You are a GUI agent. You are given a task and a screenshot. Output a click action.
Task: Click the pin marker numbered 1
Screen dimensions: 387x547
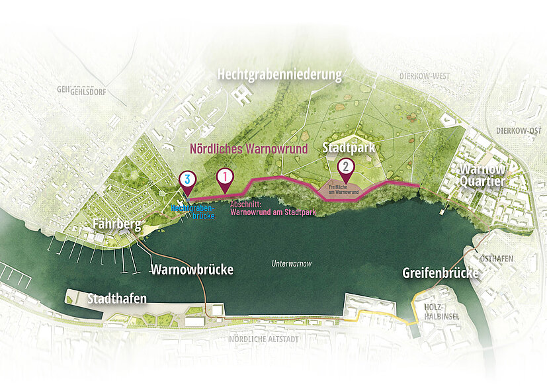coord(225,177)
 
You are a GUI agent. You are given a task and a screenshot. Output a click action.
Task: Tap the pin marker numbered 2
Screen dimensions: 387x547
coord(345,168)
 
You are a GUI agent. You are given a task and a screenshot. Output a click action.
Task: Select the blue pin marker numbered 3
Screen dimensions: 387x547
coord(188,179)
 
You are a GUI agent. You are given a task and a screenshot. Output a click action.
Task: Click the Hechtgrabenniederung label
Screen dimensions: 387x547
coord(280,75)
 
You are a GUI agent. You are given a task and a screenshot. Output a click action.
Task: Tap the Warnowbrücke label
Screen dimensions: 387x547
coord(192,269)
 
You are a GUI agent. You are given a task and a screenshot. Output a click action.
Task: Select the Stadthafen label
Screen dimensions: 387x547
coord(117,299)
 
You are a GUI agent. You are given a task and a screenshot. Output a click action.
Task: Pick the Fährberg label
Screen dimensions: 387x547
coord(116,224)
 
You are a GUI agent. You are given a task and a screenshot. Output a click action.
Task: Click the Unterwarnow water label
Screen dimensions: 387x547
coord(291,263)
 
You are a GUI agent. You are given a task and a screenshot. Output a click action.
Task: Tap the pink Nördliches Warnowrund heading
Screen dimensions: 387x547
coord(249,149)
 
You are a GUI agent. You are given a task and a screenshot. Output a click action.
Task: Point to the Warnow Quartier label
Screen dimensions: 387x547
coord(483,175)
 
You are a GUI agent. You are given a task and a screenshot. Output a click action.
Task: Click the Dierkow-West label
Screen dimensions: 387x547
coord(424,76)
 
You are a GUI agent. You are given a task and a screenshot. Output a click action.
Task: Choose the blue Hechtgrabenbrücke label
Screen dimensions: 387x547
coord(194,211)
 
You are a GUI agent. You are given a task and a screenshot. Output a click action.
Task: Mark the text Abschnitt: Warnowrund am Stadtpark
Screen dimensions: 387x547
coord(273,209)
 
